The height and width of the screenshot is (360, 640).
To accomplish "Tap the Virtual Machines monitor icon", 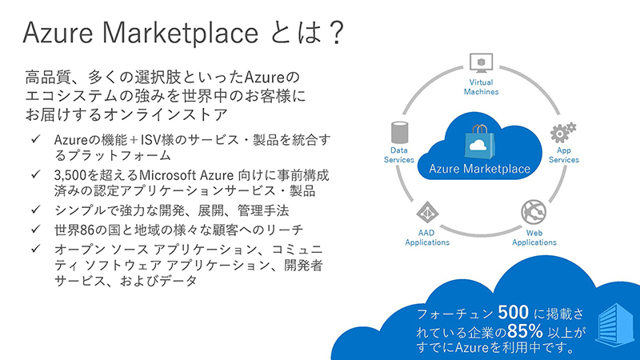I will point(481,62).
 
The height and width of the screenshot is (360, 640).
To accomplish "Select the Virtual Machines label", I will point(481,86).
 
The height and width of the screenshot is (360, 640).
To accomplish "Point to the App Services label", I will point(568,154).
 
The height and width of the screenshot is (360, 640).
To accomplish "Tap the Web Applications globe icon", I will point(534,211).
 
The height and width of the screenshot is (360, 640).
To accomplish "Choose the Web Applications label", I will point(534,238).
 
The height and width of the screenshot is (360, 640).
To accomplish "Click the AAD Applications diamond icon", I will point(427,212).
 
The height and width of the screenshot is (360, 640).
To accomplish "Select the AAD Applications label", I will point(427,238).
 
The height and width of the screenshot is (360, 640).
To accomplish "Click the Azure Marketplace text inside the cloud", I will point(479,169).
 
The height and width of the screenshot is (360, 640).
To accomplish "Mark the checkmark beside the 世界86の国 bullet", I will point(37,230).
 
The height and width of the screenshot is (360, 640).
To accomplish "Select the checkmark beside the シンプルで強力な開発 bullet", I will point(37,210).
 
